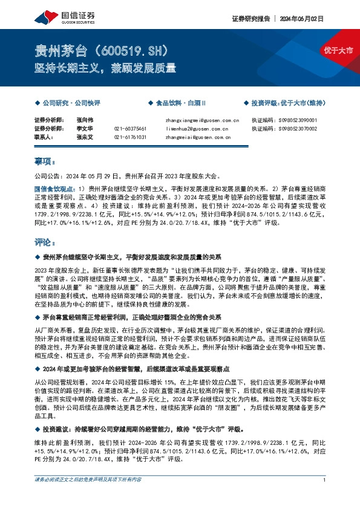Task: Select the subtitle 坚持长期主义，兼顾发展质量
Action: click(x=105, y=68)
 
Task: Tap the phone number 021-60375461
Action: click(x=129, y=129)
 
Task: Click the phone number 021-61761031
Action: click(x=129, y=137)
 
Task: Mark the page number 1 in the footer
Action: click(x=325, y=496)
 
